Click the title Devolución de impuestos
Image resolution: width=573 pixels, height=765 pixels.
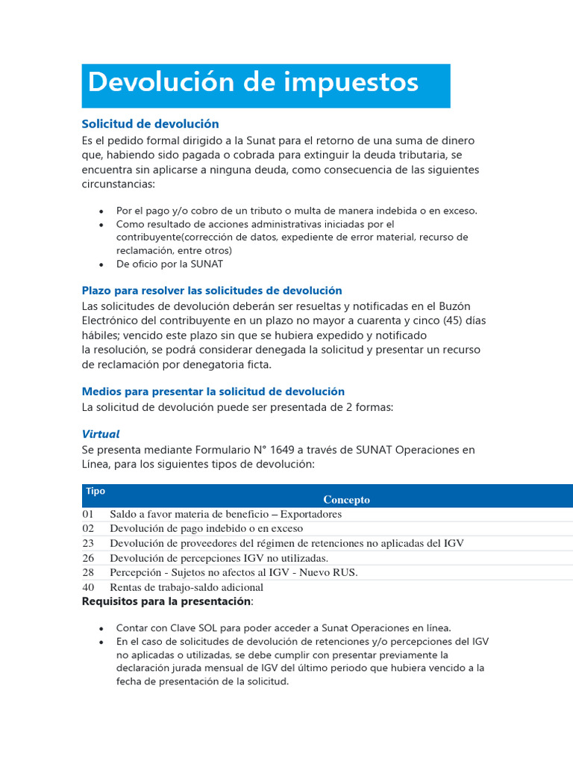tap(253, 83)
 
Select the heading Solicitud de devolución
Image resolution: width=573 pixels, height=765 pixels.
tap(150, 124)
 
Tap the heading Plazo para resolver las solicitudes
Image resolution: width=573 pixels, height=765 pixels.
tap(212, 291)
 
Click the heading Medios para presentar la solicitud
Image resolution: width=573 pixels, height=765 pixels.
tap(213, 391)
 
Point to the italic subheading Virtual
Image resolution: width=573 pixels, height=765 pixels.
tap(101, 434)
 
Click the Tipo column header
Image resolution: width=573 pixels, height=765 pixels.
tap(95, 492)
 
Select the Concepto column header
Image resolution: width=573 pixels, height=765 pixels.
tap(346, 500)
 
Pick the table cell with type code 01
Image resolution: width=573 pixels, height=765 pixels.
tap(89, 514)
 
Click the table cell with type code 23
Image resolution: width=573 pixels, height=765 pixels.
tap(89, 543)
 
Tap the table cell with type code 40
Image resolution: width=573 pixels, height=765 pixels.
tap(89, 587)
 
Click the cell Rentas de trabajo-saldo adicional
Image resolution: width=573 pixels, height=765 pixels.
tap(187, 587)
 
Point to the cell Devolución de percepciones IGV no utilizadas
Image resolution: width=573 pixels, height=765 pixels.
tap(219, 558)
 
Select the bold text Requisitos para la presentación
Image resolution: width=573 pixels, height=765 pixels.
tap(166, 601)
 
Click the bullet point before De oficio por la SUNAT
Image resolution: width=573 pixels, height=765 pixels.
tap(101, 264)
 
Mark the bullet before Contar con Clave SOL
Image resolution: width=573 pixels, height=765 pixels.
tap(101, 628)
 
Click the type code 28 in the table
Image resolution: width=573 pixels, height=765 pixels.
tap(89, 572)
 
